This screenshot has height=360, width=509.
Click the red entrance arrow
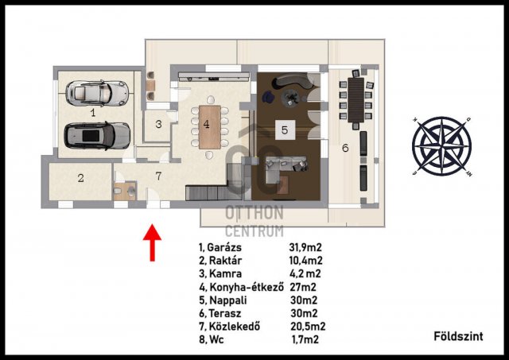point(152,242)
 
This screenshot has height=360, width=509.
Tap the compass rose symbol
point(442,146)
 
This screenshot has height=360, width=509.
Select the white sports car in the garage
point(97,93)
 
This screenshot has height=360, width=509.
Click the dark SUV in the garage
point(97,136)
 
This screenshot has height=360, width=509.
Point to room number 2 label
point(81,178)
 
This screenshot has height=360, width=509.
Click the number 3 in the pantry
point(158,124)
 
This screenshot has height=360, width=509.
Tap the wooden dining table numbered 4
point(210,127)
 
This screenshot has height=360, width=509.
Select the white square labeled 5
point(285,130)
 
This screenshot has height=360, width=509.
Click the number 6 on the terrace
point(345,148)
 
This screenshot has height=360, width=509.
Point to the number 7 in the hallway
point(158,176)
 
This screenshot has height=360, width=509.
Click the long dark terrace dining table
point(356,100)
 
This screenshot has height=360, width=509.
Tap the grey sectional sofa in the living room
point(283,168)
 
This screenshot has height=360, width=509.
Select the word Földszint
point(458,336)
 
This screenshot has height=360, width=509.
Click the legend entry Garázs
point(224,247)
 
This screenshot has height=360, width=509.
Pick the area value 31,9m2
point(305,247)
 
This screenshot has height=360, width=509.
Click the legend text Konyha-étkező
point(247,287)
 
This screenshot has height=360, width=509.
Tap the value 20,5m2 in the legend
point(308,327)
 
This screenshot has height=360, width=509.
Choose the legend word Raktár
point(225,261)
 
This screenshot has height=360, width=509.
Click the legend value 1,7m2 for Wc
point(305,339)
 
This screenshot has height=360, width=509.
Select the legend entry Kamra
point(225,273)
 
